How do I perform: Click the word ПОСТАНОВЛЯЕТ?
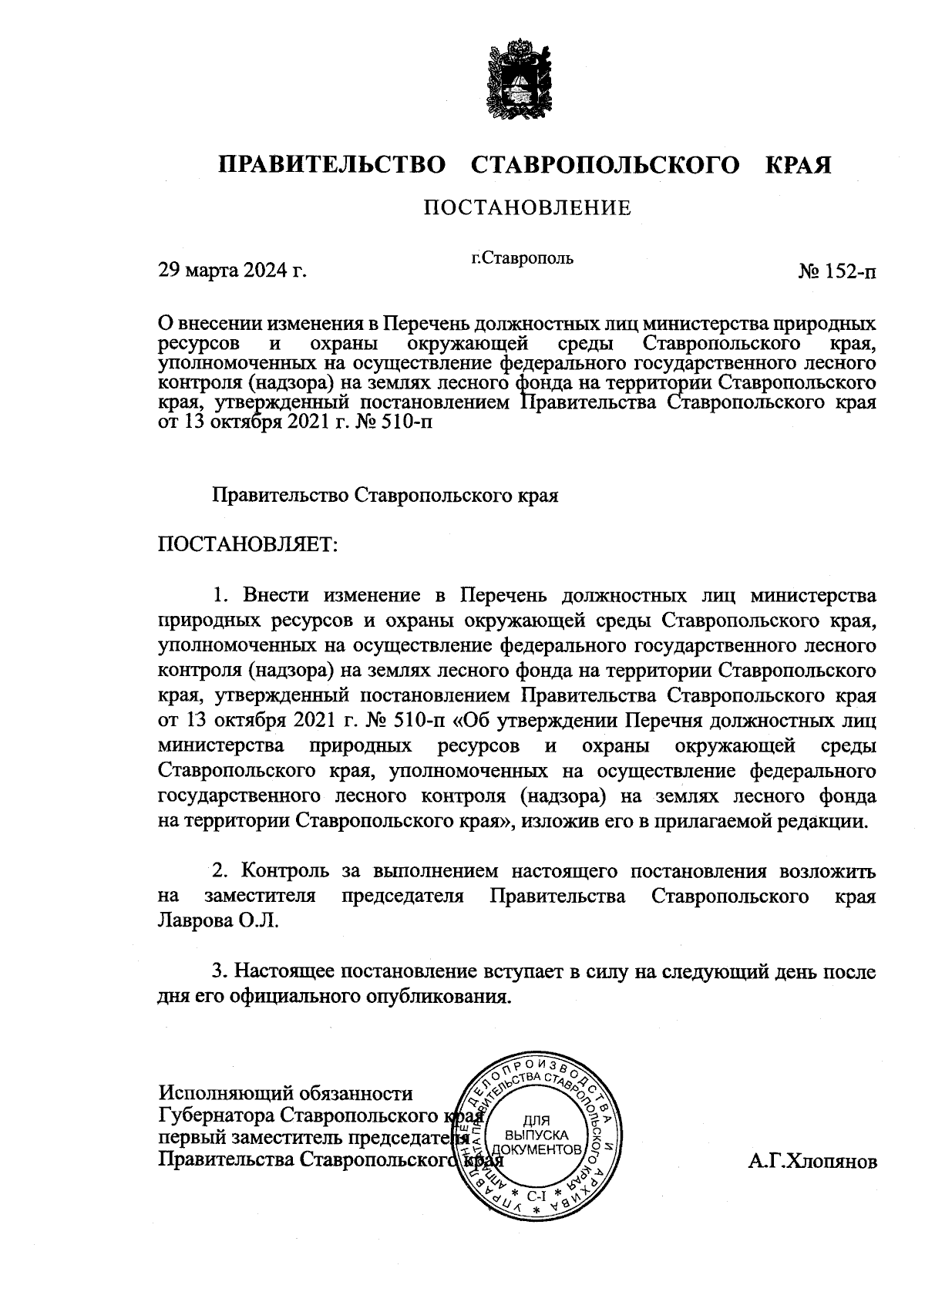coord(248,545)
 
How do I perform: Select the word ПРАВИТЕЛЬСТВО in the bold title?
coord(332,165)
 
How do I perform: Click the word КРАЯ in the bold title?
coord(799,165)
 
